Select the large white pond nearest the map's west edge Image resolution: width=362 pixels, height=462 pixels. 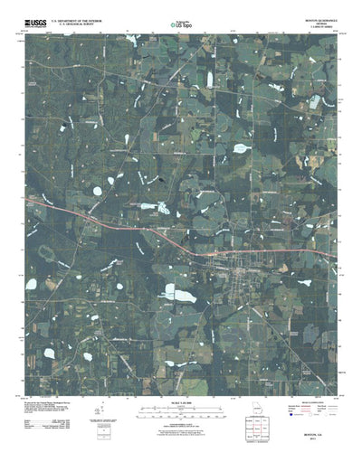[31, 284]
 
